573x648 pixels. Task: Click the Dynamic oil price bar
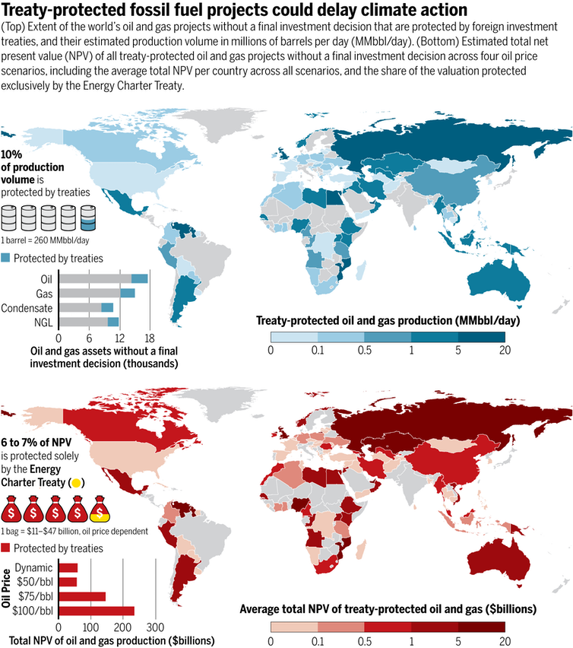tap(68, 567)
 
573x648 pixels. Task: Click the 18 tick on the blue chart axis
tap(150, 338)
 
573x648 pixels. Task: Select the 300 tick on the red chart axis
tap(155, 627)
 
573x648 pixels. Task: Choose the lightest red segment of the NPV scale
tap(293, 626)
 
